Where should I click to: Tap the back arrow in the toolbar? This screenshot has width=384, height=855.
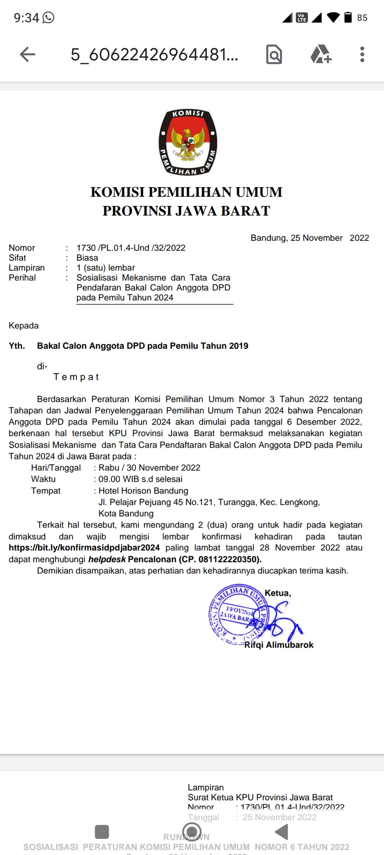point(27,55)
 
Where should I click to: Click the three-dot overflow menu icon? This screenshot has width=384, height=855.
point(362,55)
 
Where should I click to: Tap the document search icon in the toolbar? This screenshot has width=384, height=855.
point(274,55)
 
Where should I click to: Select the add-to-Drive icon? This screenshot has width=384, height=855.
point(321,55)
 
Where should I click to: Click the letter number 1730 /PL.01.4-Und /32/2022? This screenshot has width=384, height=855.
point(131,248)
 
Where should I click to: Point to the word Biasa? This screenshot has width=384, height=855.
point(87,258)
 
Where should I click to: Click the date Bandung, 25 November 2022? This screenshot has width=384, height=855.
point(310,238)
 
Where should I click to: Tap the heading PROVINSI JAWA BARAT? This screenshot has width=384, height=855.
point(186,211)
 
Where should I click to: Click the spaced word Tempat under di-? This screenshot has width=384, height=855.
point(76,377)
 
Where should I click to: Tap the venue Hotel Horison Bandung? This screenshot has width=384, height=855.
point(143,491)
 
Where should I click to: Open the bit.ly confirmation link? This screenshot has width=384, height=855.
point(84,548)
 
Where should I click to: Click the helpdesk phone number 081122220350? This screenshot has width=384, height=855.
point(228,559)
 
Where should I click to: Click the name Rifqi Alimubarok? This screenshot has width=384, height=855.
point(279,645)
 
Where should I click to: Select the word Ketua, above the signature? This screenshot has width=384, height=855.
point(278,593)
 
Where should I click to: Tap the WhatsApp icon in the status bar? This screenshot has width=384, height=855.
point(48,17)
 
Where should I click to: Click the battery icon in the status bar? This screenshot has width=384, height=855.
point(348,17)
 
